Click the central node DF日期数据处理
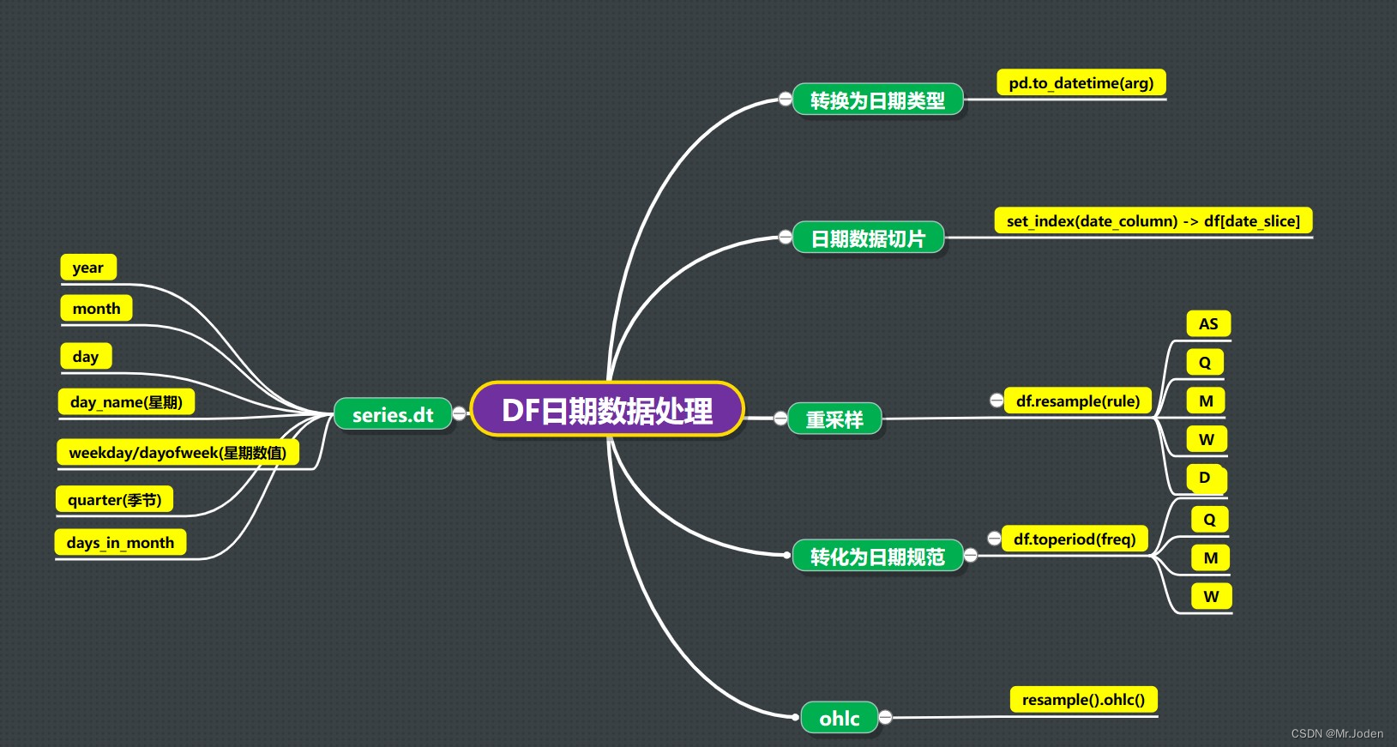[x=607, y=410]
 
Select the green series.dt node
[x=393, y=415]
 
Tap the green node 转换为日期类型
[x=877, y=100]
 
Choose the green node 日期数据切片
[x=868, y=238]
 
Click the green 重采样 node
[x=834, y=419]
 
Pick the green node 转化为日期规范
[x=877, y=557]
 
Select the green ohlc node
[x=839, y=719]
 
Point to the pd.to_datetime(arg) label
[x=1081, y=83]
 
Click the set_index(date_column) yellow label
[x=1153, y=221]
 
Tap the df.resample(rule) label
[x=1077, y=401]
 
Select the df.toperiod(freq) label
[x=1074, y=539]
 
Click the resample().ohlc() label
[x=1083, y=700]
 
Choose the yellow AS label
[x=1207, y=324]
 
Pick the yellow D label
[x=1205, y=478]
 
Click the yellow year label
[x=88, y=268]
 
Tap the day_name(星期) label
[x=126, y=402]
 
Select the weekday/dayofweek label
[x=178, y=453]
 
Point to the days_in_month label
[x=120, y=543]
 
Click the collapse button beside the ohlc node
[x=885, y=717]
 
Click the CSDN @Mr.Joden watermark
[x=1336, y=733]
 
